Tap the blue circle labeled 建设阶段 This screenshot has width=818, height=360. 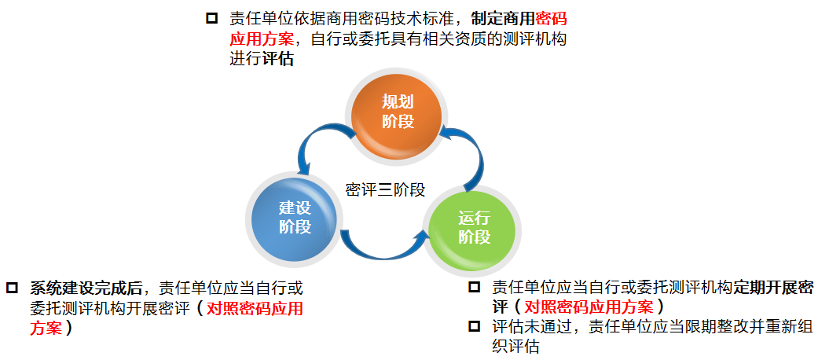click(x=295, y=217)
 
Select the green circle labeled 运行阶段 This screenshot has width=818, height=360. click(x=474, y=227)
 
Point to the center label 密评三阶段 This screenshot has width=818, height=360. click(x=385, y=189)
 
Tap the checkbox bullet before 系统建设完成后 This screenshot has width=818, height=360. click(x=12, y=288)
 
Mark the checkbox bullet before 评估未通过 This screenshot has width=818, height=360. click(x=474, y=326)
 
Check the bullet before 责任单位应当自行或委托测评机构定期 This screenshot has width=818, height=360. click(x=474, y=288)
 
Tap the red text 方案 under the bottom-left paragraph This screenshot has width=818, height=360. click(x=46, y=328)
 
